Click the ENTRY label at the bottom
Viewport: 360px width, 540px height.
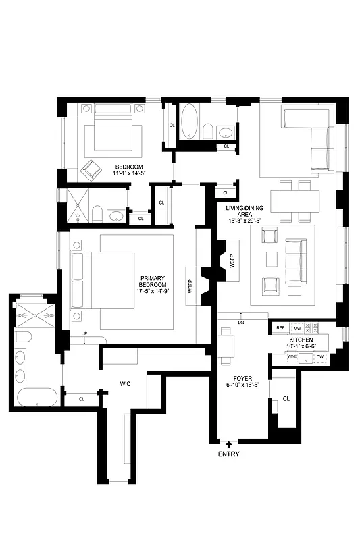point(228,454)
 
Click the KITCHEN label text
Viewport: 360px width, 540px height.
point(301,340)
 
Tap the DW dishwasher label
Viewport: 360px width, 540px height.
point(320,356)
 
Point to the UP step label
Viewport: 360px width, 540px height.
point(84,334)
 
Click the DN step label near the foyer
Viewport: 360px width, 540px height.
point(241,323)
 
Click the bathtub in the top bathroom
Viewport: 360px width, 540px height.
point(189,122)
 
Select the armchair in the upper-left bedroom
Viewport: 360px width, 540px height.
point(90,169)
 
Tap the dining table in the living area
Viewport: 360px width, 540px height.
point(295,200)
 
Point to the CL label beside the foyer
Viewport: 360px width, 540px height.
point(286,399)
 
